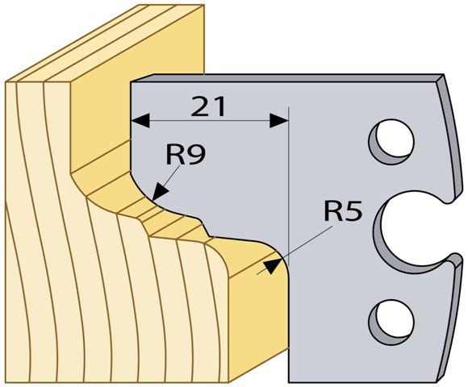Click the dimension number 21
[x=208, y=106]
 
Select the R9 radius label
[x=186, y=155]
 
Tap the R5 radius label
[x=343, y=211]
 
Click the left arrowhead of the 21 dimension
[x=140, y=120]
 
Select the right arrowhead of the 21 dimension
[x=278, y=120]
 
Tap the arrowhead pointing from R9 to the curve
[x=160, y=192]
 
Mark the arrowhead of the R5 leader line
[x=272, y=266]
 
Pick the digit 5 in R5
[x=354, y=211]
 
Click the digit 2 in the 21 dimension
[x=200, y=106]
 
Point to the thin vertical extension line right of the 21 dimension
[x=289, y=185]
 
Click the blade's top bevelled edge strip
[x=286, y=77]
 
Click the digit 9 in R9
[x=197, y=155]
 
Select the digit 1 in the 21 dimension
[x=220, y=106]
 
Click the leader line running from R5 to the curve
[x=295, y=250]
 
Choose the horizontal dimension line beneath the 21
[x=210, y=120]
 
